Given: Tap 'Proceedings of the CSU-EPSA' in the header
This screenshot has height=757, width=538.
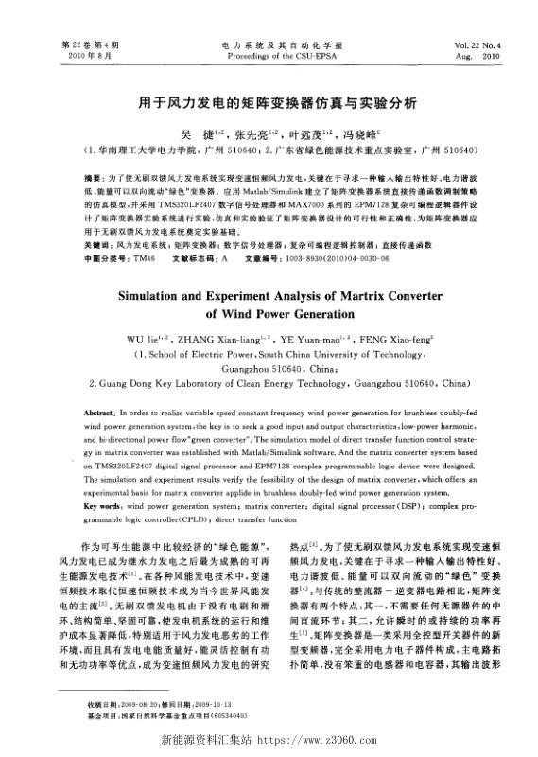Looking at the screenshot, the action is click(x=269, y=56).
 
